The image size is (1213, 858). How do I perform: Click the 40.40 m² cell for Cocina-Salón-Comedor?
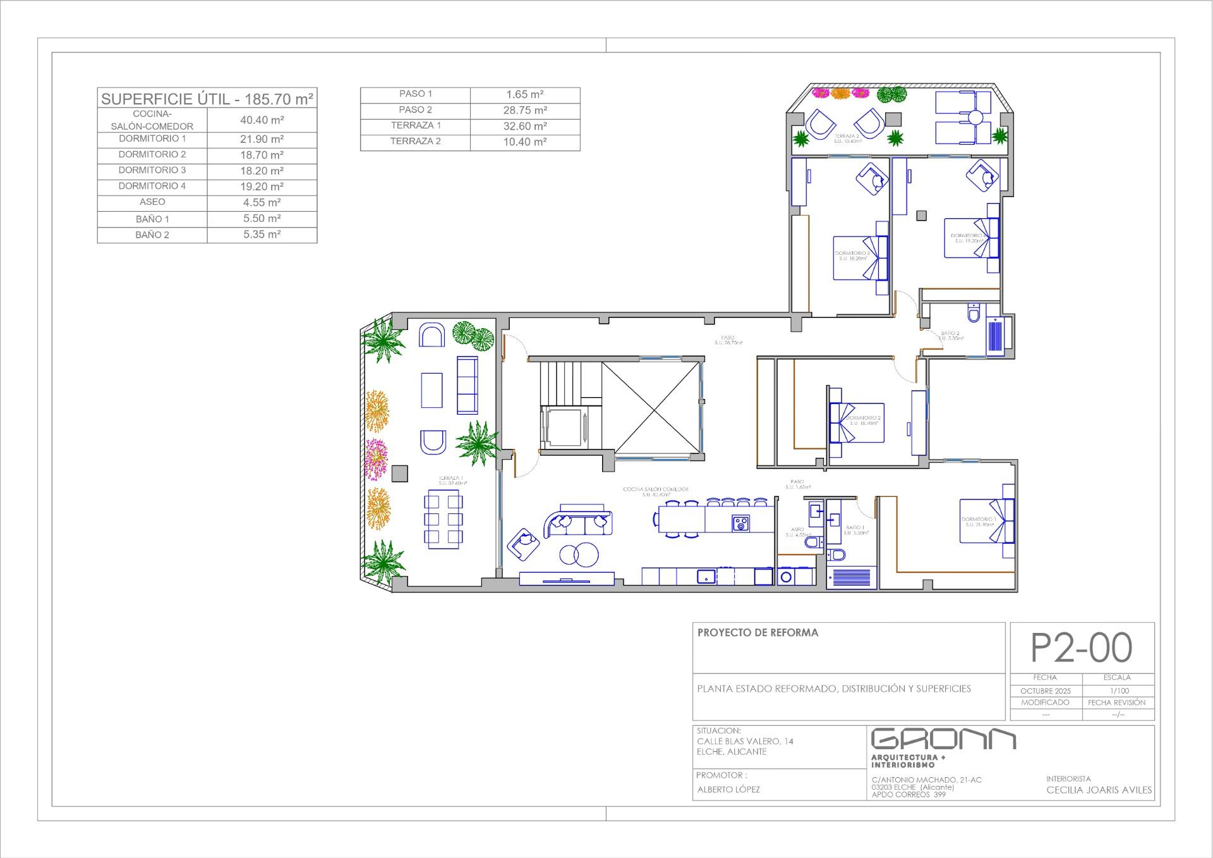pos(262,120)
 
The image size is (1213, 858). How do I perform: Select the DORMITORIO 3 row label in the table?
pos(152,170)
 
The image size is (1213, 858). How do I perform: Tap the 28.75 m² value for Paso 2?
pos(525,110)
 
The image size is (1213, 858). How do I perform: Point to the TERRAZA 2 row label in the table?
pos(415,141)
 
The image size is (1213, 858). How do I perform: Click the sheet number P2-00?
pos(1082,648)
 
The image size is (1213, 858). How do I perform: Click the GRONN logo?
pos(943,738)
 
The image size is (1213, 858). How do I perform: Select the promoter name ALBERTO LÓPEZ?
pos(728,790)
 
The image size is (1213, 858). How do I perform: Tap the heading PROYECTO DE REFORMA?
pos(757,632)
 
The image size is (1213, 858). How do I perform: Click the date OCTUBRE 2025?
pos(1046,691)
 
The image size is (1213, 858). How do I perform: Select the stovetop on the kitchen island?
pos(741,523)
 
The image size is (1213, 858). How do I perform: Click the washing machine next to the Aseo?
pos(787,577)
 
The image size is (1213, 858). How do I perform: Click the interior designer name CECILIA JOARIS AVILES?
pos(1099,790)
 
